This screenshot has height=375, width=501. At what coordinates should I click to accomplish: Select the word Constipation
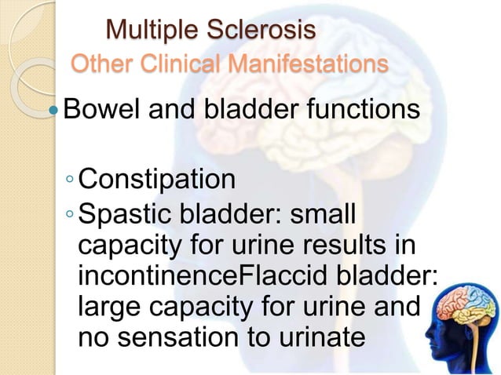coord(157,180)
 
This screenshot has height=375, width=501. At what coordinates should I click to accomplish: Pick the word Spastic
coord(125,213)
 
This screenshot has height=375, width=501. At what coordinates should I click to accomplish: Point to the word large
coord(111,308)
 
